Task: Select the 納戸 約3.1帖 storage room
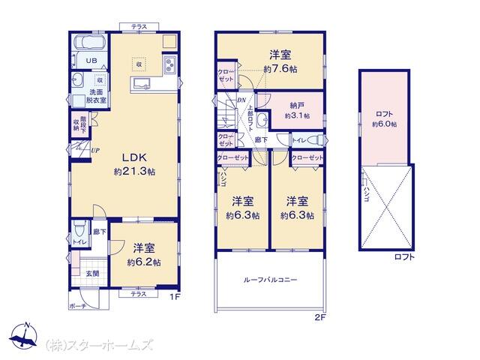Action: pyautogui.click(x=296, y=111)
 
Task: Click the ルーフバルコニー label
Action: pyautogui.click(x=270, y=280)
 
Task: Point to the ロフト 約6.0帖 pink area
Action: pyautogui.click(x=385, y=117)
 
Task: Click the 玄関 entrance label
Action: pyautogui.click(x=90, y=274)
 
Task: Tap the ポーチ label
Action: pyautogui.click(x=77, y=307)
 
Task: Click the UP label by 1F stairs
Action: pyautogui.click(x=95, y=150)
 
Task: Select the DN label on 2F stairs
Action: pyautogui.click(x=241, y=100)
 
